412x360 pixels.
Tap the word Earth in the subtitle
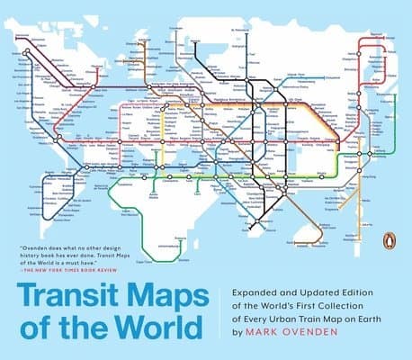click(383, 319)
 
